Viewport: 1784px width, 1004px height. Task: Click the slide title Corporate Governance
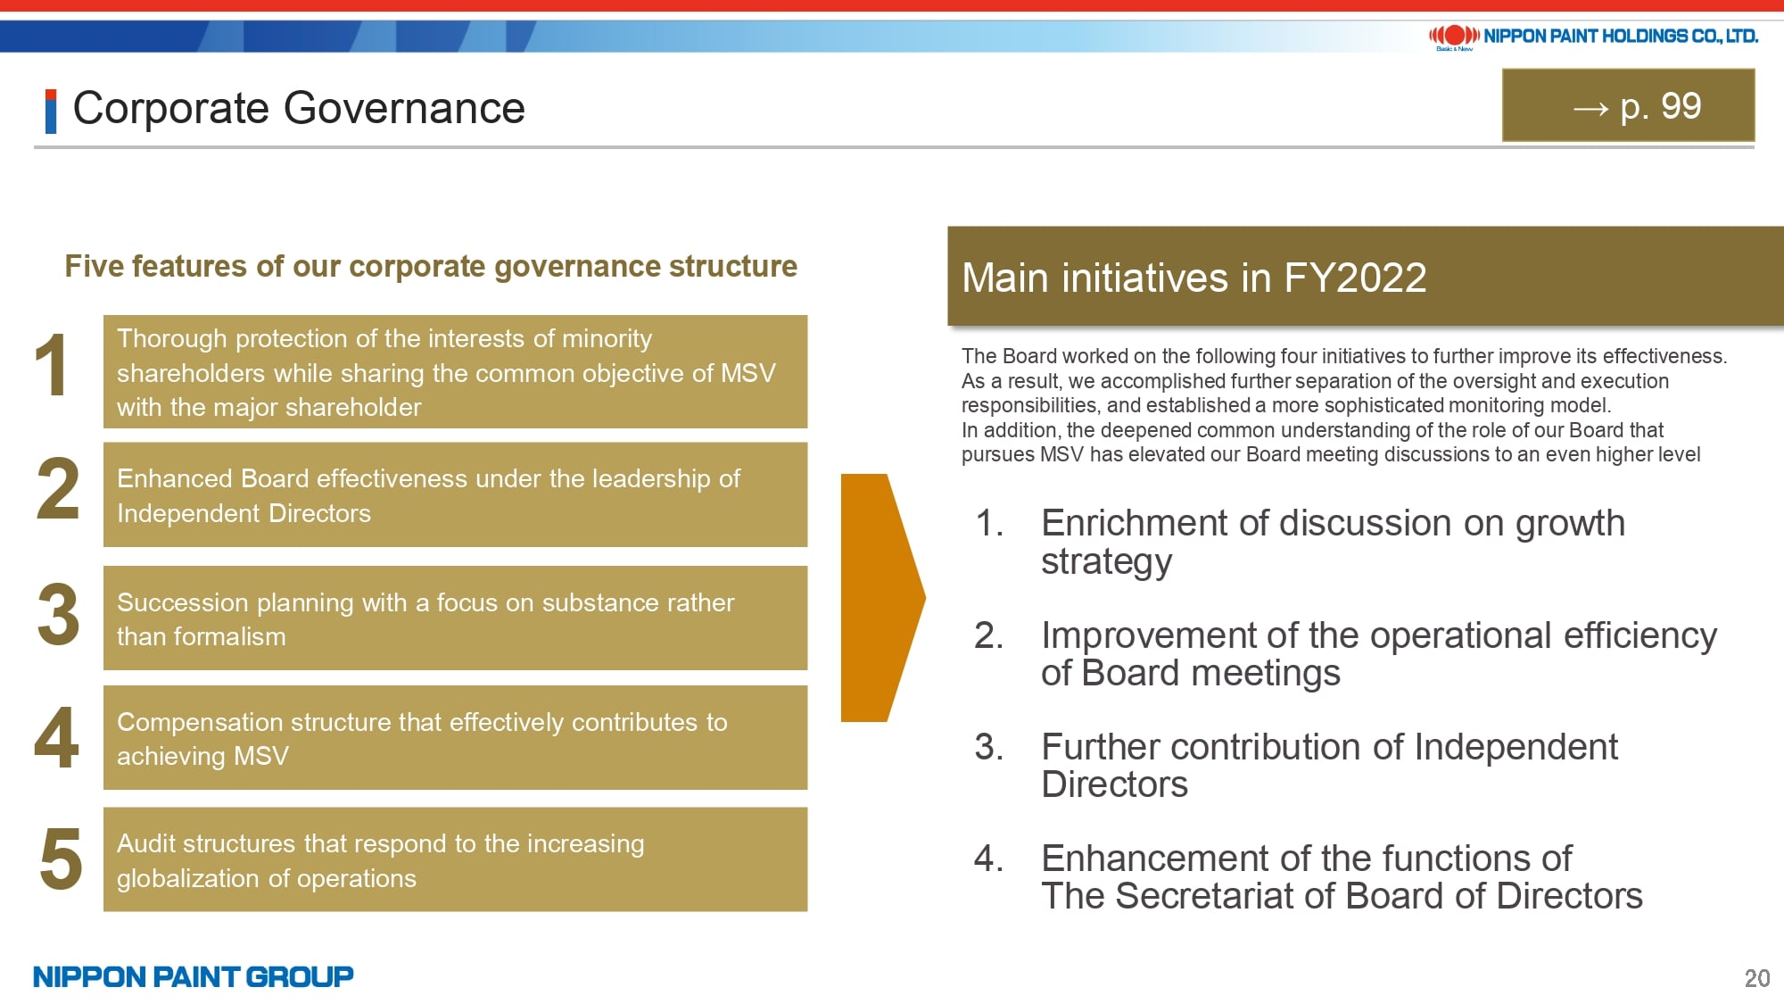299,109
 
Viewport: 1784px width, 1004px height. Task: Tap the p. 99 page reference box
1628,105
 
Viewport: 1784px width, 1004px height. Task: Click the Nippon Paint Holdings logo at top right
1593,37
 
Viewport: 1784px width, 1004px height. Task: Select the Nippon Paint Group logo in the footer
194,976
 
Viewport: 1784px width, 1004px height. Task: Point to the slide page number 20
1756,978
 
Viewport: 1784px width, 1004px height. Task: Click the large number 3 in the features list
58,614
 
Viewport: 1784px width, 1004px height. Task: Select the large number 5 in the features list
61,859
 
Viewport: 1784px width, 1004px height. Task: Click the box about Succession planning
455,618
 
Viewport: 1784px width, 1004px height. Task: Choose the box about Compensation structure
455,737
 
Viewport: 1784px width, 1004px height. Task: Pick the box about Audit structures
455,859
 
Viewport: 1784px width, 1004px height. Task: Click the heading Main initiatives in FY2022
1193,278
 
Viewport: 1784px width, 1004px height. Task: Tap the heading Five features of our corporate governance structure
431,266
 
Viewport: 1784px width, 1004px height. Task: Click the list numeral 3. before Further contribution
988,747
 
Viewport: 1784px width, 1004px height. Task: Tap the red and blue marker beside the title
51,112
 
